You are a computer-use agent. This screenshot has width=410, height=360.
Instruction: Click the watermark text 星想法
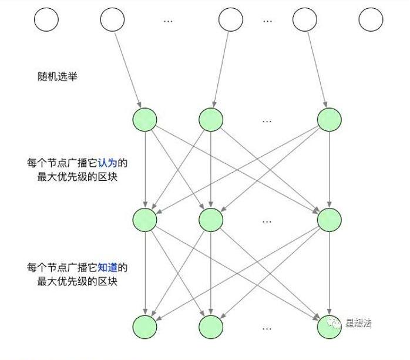tap(358, 322)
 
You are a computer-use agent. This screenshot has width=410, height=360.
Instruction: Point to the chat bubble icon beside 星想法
tap(335, 322)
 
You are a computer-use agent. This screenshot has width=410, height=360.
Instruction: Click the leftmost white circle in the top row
tap(46, 20)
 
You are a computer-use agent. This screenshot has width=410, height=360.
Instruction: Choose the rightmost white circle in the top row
tap(371, 20)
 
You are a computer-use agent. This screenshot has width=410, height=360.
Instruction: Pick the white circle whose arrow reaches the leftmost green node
tap(112, 20)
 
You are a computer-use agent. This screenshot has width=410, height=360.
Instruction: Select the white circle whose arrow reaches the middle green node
tap(230, 20)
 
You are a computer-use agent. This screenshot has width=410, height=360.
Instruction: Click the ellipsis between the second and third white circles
tap(168, 21)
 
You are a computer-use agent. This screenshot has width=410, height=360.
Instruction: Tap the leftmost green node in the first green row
tap(145, 119)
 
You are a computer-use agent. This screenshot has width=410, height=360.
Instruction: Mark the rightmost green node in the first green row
tap(329, 119)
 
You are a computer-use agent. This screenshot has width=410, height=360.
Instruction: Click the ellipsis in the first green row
tap(267, 120)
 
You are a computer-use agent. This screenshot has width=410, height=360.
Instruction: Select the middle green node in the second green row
tap(211, 220)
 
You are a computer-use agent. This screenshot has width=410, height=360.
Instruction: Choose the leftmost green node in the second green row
tap(145, 220)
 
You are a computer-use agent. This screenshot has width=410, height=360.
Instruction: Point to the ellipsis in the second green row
tap(267, 221)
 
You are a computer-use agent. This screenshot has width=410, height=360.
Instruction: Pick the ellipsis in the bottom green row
tap(267, 328)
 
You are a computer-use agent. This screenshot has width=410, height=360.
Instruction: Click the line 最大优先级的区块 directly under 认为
tap(77, 176)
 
